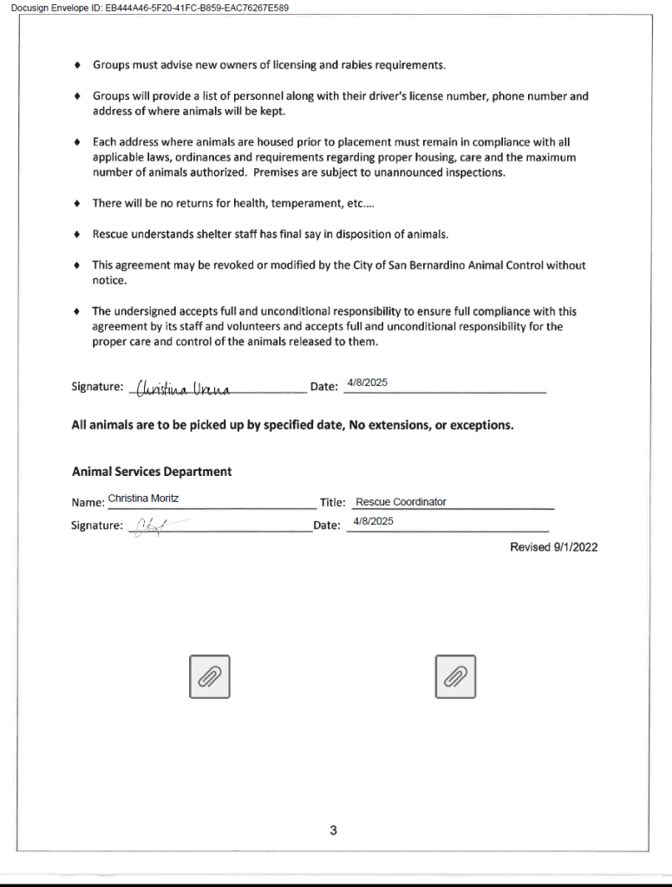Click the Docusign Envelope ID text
pos(149,8)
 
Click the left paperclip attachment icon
pos(209,676)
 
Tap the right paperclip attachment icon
pos(455,676)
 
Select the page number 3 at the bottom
pos(333,831)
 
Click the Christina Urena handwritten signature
pos(181,388)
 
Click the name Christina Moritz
pos(144,499)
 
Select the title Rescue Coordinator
pos(401,502)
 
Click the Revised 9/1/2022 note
pos(553,547)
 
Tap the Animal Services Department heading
pos(152,472)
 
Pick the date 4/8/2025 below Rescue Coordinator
pos(374,521)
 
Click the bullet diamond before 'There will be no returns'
pos(78,204)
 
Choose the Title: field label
pos(333,502)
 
